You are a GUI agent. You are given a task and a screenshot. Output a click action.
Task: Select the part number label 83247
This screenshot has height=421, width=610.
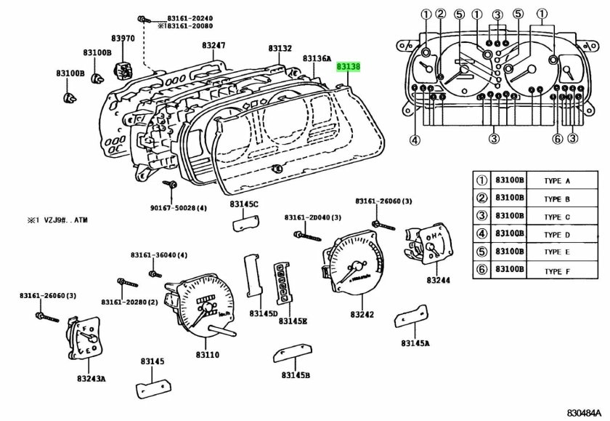213,45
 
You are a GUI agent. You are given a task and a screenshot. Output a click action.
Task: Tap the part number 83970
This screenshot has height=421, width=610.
123,38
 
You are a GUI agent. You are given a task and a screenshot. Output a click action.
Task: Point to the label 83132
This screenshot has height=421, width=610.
280,49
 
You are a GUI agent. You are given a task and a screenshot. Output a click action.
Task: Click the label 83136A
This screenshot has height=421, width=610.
317,58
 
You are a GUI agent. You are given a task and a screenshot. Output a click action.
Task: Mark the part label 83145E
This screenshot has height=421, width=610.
294,321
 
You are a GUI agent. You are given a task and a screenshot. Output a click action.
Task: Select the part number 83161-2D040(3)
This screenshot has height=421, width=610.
307,217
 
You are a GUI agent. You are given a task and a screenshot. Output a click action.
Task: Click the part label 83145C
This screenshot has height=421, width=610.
245,205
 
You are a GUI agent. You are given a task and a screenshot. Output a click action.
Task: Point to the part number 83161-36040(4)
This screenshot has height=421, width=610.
159,254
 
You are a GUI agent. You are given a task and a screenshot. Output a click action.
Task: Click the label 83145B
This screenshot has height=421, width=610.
296,375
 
